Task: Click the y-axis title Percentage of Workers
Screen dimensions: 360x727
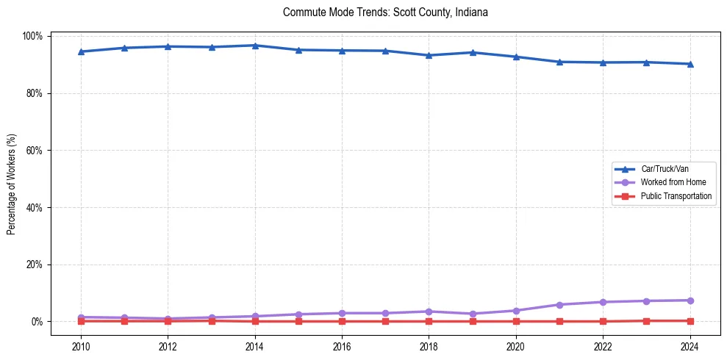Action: [x=12, y=179]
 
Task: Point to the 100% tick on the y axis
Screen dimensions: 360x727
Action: [x=34, y=36]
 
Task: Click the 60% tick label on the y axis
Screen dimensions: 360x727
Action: [x=35, y=151]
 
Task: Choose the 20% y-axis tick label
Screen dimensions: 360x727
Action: [x=35, y=264]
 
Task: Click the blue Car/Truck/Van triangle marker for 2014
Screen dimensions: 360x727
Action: [x=254, y=46]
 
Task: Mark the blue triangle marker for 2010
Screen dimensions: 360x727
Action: [x=81, y=51]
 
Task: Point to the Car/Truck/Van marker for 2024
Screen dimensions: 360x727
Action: [x=690, y=64]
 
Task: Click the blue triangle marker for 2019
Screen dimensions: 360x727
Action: [x=473, y=52]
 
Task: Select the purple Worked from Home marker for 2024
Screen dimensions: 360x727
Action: [x=690, y=300]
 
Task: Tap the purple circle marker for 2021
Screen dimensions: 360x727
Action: [x=559, y=305]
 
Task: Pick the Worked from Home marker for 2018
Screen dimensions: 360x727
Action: [x=429, y=312]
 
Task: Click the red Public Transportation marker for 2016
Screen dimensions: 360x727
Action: [x=342, y=321]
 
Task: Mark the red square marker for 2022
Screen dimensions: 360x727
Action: [x=603, y=321]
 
